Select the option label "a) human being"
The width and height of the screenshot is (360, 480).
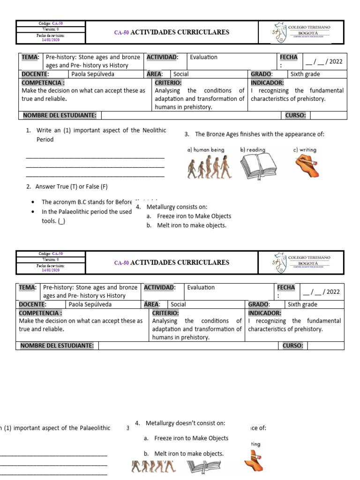point(205,150)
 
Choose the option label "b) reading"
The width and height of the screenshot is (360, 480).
point(253,150)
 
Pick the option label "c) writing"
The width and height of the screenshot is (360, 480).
point(305,150)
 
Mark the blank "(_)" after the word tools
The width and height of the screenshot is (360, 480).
point(61,221)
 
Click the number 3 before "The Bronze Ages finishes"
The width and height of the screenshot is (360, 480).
point(187,135)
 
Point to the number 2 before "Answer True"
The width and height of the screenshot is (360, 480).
point(28,187)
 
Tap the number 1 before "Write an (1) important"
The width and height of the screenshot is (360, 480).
point(28,130)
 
